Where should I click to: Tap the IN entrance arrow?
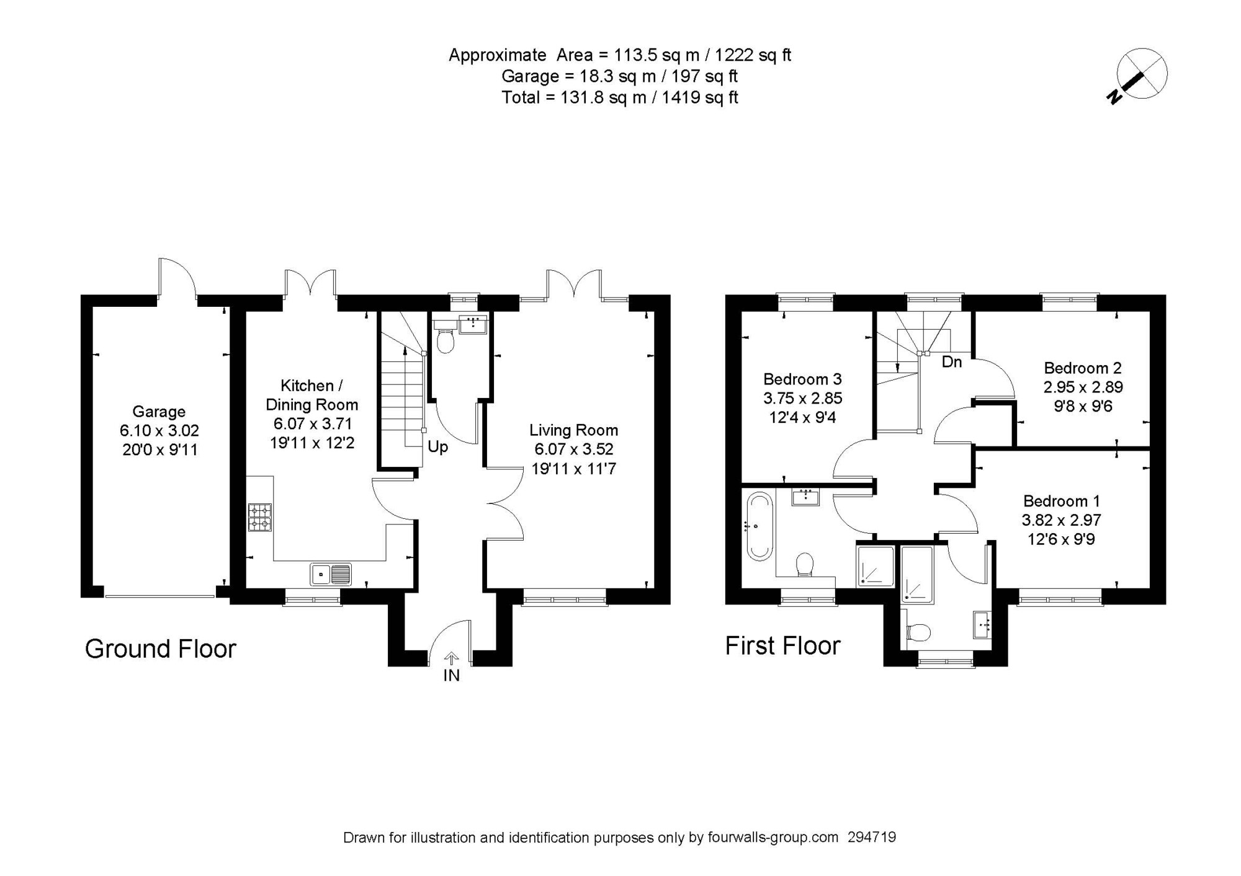tap(451, 658)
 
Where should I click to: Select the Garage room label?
tap(159, 412)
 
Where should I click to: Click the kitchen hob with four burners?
tap(260, 518)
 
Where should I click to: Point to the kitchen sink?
tap(331, 574)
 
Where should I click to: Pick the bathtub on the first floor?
tap(759, 526)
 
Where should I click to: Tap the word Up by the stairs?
tap(437, 447)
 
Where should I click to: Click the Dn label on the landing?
tap(952, 361)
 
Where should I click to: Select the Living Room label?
tap(573, 430)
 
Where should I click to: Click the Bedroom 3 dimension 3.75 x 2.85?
tap(803, 398)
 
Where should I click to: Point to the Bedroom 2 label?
tap(1083, 368)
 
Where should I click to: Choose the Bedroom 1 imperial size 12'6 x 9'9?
tap(1062, 539)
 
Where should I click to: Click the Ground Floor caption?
tap(161, 649)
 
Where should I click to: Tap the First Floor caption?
tap(782, 646)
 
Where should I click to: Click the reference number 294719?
tap(872, 838)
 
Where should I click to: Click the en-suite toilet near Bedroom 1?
tap(918, 632)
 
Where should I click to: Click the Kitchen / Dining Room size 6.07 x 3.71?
tap(313, 424)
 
